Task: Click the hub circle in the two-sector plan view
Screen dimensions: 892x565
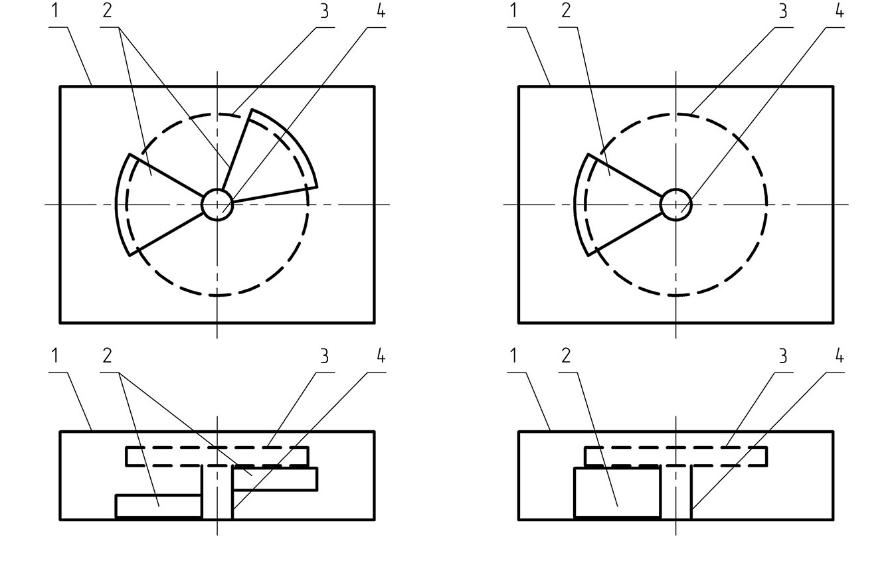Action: [x=217, y=190]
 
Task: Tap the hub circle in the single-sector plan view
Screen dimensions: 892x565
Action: [x=675, y=190]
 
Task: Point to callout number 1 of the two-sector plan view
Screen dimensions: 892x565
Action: [x=55, y=11]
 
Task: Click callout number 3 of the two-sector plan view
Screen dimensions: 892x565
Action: [x=325, y=11]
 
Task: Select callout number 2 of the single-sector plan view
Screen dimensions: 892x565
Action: [x=566, y=11]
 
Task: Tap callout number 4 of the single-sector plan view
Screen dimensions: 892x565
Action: [x=839, y=11]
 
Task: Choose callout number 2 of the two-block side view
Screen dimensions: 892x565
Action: [x=107, y=356]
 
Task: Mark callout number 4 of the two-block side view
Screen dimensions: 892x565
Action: [x=381, y=356]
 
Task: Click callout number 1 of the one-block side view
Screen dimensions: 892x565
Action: [x=513, y=356]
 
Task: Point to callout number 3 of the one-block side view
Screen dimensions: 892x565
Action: [x=783, y=356]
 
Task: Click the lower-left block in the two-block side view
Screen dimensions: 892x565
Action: [x=159, y=507]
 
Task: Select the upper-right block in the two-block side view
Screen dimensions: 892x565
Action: [x=275, y=479]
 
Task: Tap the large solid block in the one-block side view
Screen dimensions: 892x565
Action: [x=617, y=493]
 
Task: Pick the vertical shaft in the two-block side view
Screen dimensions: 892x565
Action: [x=217, y=493]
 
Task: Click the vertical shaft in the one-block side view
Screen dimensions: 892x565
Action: [x=675, y=493]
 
